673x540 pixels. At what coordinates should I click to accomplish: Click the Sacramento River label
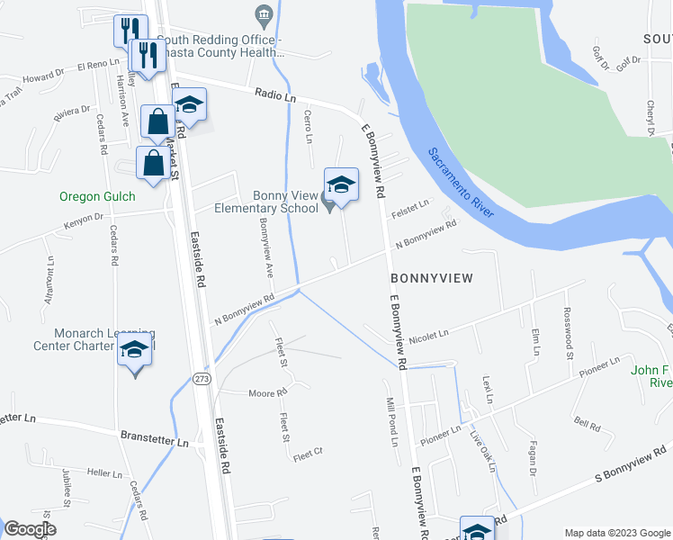coord(460,184)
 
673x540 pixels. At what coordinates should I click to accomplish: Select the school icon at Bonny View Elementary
coord(341,185)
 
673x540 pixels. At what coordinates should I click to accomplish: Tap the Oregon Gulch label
coord(97,196)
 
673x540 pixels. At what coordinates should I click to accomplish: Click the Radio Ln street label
coord(275,94)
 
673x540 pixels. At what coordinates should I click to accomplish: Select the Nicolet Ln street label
coord(428,336)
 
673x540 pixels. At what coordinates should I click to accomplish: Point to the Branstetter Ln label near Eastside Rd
coord(155,442)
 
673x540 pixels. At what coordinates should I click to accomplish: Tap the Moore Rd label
coord(267,393)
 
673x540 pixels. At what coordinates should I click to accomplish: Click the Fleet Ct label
coord(306,454)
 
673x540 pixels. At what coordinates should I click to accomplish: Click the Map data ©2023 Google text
coord(616,533)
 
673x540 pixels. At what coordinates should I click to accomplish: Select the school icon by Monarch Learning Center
coord(135,350)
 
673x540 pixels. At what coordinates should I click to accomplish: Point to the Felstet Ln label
coord(410,211)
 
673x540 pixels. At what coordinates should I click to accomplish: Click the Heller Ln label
coord(104,472)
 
